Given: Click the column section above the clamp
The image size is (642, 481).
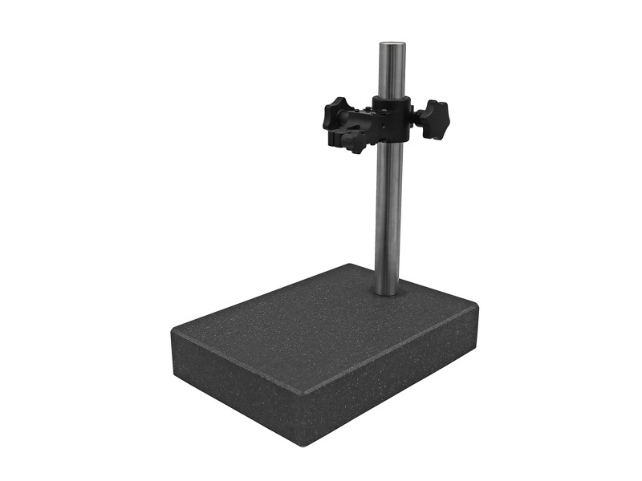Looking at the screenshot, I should click(x=391, y=72).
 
